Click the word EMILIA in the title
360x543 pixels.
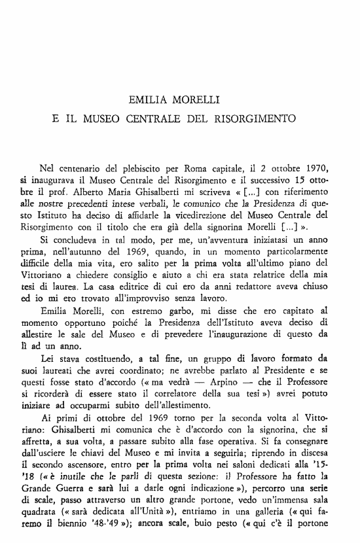[x=148, y=101]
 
